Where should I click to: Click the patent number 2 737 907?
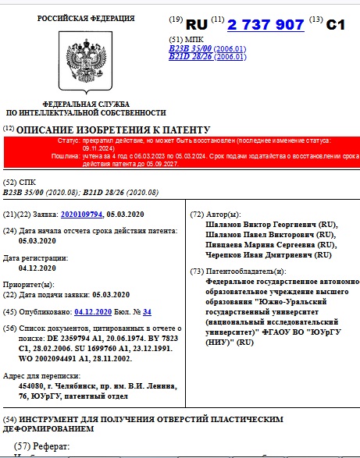pos(266,25)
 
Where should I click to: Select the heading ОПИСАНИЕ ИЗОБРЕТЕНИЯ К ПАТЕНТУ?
pos(114,129)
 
